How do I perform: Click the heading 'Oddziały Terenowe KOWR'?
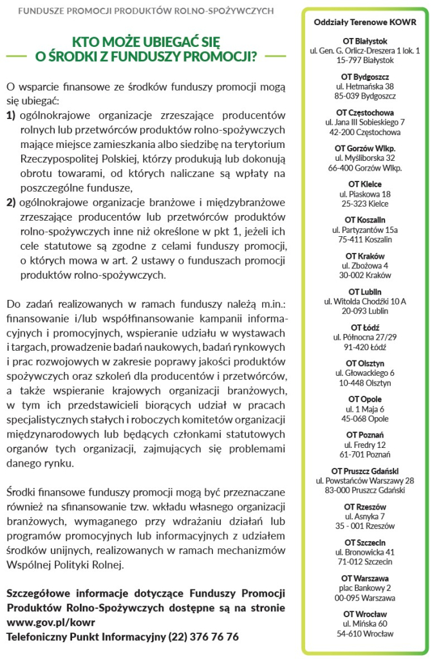pyautogui.click(x=365, y=22)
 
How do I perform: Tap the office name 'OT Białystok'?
pyautogui.click(x=365, y=41)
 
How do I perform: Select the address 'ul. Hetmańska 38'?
pyautogui.click(x=365, y=86)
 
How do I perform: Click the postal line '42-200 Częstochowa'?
pyautogui.click(x=365, y=132)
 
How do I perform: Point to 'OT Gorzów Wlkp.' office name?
pyautogui.click(x=365, y=148)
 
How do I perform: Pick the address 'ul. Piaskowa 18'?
pyautogui.click(x=365, y=194)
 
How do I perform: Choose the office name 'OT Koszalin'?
pyautogui.click(x=365, y=219)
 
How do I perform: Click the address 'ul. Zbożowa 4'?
pyautogui.click(x=365, y=265)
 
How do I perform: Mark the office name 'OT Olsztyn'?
pyautogui.click(x=365, y=363)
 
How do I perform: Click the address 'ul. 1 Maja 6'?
pyautogui.click(x=365, y=409)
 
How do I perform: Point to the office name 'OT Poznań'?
pyautogui.click(x=365, y=435)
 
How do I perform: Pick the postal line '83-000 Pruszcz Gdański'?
pyautogui.click(x=365, y=490)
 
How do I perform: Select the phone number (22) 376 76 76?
pyautogui.click(x=203, y=636)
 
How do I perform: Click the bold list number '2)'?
pyautogui.click(x=11, y=202)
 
